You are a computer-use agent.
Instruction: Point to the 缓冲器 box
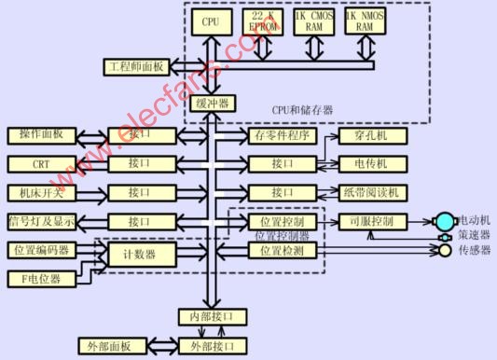[x=212, y=104]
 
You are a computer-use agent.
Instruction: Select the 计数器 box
[x=139, y=255]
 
